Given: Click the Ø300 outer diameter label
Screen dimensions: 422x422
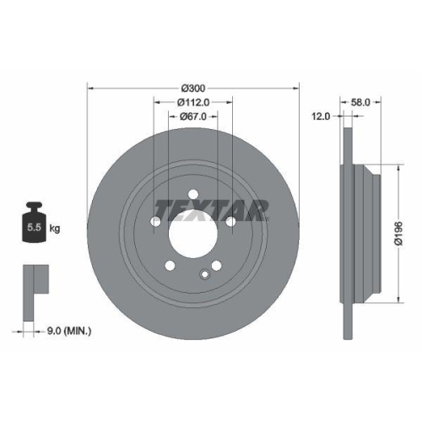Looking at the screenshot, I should point(193,88).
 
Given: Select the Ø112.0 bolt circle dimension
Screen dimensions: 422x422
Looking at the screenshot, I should point(193,101).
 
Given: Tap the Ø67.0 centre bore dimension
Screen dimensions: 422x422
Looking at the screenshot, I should point(194,116).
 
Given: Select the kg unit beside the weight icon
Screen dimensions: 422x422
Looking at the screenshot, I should point(55,228).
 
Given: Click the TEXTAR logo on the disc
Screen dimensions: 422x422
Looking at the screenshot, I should point(211,208).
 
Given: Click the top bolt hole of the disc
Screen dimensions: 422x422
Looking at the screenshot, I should point(193,190).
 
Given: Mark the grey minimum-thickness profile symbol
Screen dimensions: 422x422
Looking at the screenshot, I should point(33,279).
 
